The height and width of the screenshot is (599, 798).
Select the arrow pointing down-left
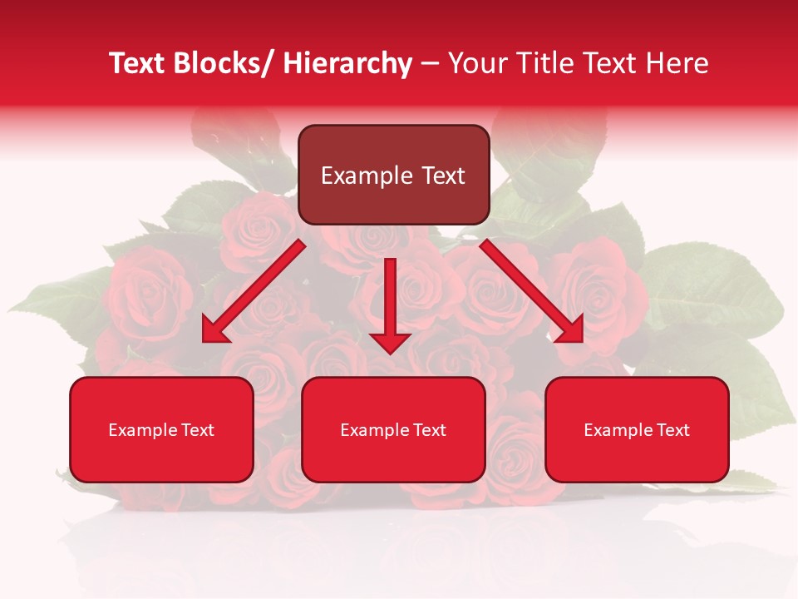[x=254, y=291]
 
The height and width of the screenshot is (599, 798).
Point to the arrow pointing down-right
[x=532, y=291]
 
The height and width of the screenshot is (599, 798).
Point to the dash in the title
[x=430, y=63]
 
